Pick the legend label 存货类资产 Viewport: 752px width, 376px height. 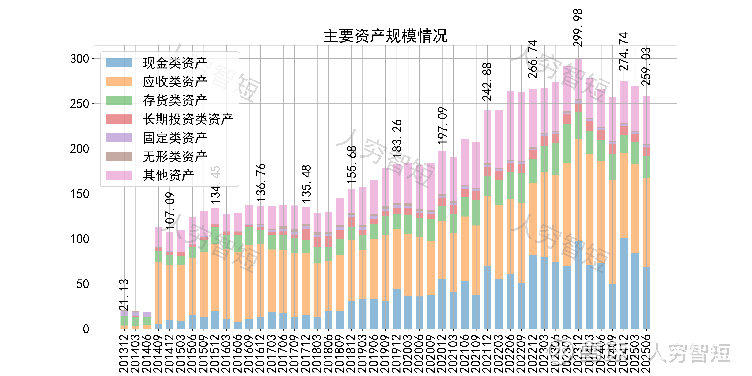pyautogui.click(x=175, y=100)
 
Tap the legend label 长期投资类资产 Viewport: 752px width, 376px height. pyautogui.click(x=188, y=119)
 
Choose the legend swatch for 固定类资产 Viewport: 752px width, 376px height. pyautogui.click(x=119, y=138)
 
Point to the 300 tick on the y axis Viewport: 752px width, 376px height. pyautogui.click(x=79, y=59)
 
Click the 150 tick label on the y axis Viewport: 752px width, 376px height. pyautogui.click(x=79, y=194)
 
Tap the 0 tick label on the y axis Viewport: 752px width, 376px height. pyautogui.click(x=86, y=329)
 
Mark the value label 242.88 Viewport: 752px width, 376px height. pyautogui.click(x=487, y=82)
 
